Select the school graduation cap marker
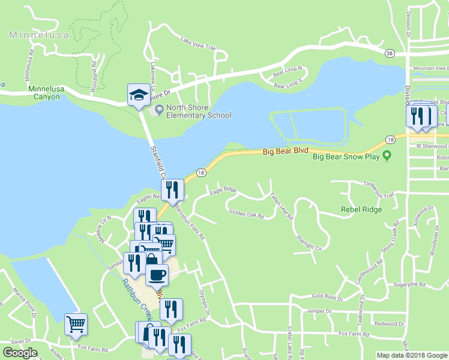138,95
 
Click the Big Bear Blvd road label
286,152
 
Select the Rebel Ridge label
361,209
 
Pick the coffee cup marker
157,275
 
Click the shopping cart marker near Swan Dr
76,325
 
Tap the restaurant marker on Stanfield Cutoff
172,190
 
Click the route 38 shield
390,53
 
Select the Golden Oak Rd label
246,213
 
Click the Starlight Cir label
309,242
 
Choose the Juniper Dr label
319,311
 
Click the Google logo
20,353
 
